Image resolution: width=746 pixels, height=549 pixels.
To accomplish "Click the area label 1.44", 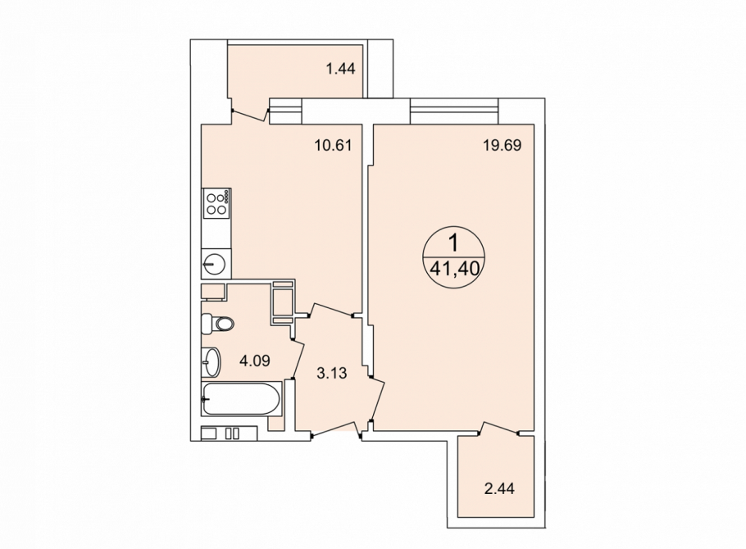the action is tap(340, 69).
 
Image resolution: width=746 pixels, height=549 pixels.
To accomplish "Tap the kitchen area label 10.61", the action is tap(333, 144).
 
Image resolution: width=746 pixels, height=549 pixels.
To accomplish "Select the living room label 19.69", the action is tap(503, 144).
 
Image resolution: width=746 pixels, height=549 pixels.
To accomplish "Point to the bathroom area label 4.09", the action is tap(254, 361).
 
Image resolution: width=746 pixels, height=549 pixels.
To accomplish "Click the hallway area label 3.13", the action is tap(332, 374).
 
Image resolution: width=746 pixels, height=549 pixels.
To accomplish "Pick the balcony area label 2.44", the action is tap(499, 488).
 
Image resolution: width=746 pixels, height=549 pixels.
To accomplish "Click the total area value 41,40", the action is tap(454, 270).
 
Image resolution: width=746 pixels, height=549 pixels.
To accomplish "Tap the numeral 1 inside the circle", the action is tap(454, 243).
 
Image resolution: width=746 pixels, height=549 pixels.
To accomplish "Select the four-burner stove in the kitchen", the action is tap(217, 203).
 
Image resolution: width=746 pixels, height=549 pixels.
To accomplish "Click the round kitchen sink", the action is tap(216, 263).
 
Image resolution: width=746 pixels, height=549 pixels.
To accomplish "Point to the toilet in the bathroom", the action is tap(218, 324).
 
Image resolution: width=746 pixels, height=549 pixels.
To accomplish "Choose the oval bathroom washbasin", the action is tap(211, 362).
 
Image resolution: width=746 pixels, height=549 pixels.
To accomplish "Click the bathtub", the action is tap(242, 399).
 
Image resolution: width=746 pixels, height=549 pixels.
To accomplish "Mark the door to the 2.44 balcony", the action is tap(498, 427).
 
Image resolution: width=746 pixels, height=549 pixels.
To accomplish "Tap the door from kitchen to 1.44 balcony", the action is tap(250, 115).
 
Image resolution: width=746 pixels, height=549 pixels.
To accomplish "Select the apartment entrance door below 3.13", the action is tap(335, 429).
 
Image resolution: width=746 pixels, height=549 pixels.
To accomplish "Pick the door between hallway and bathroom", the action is tap(298, 359).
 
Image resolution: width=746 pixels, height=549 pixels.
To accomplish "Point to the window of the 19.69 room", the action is tap(454, 111).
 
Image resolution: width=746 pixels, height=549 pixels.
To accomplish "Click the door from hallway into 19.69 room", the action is tap(377, 400).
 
